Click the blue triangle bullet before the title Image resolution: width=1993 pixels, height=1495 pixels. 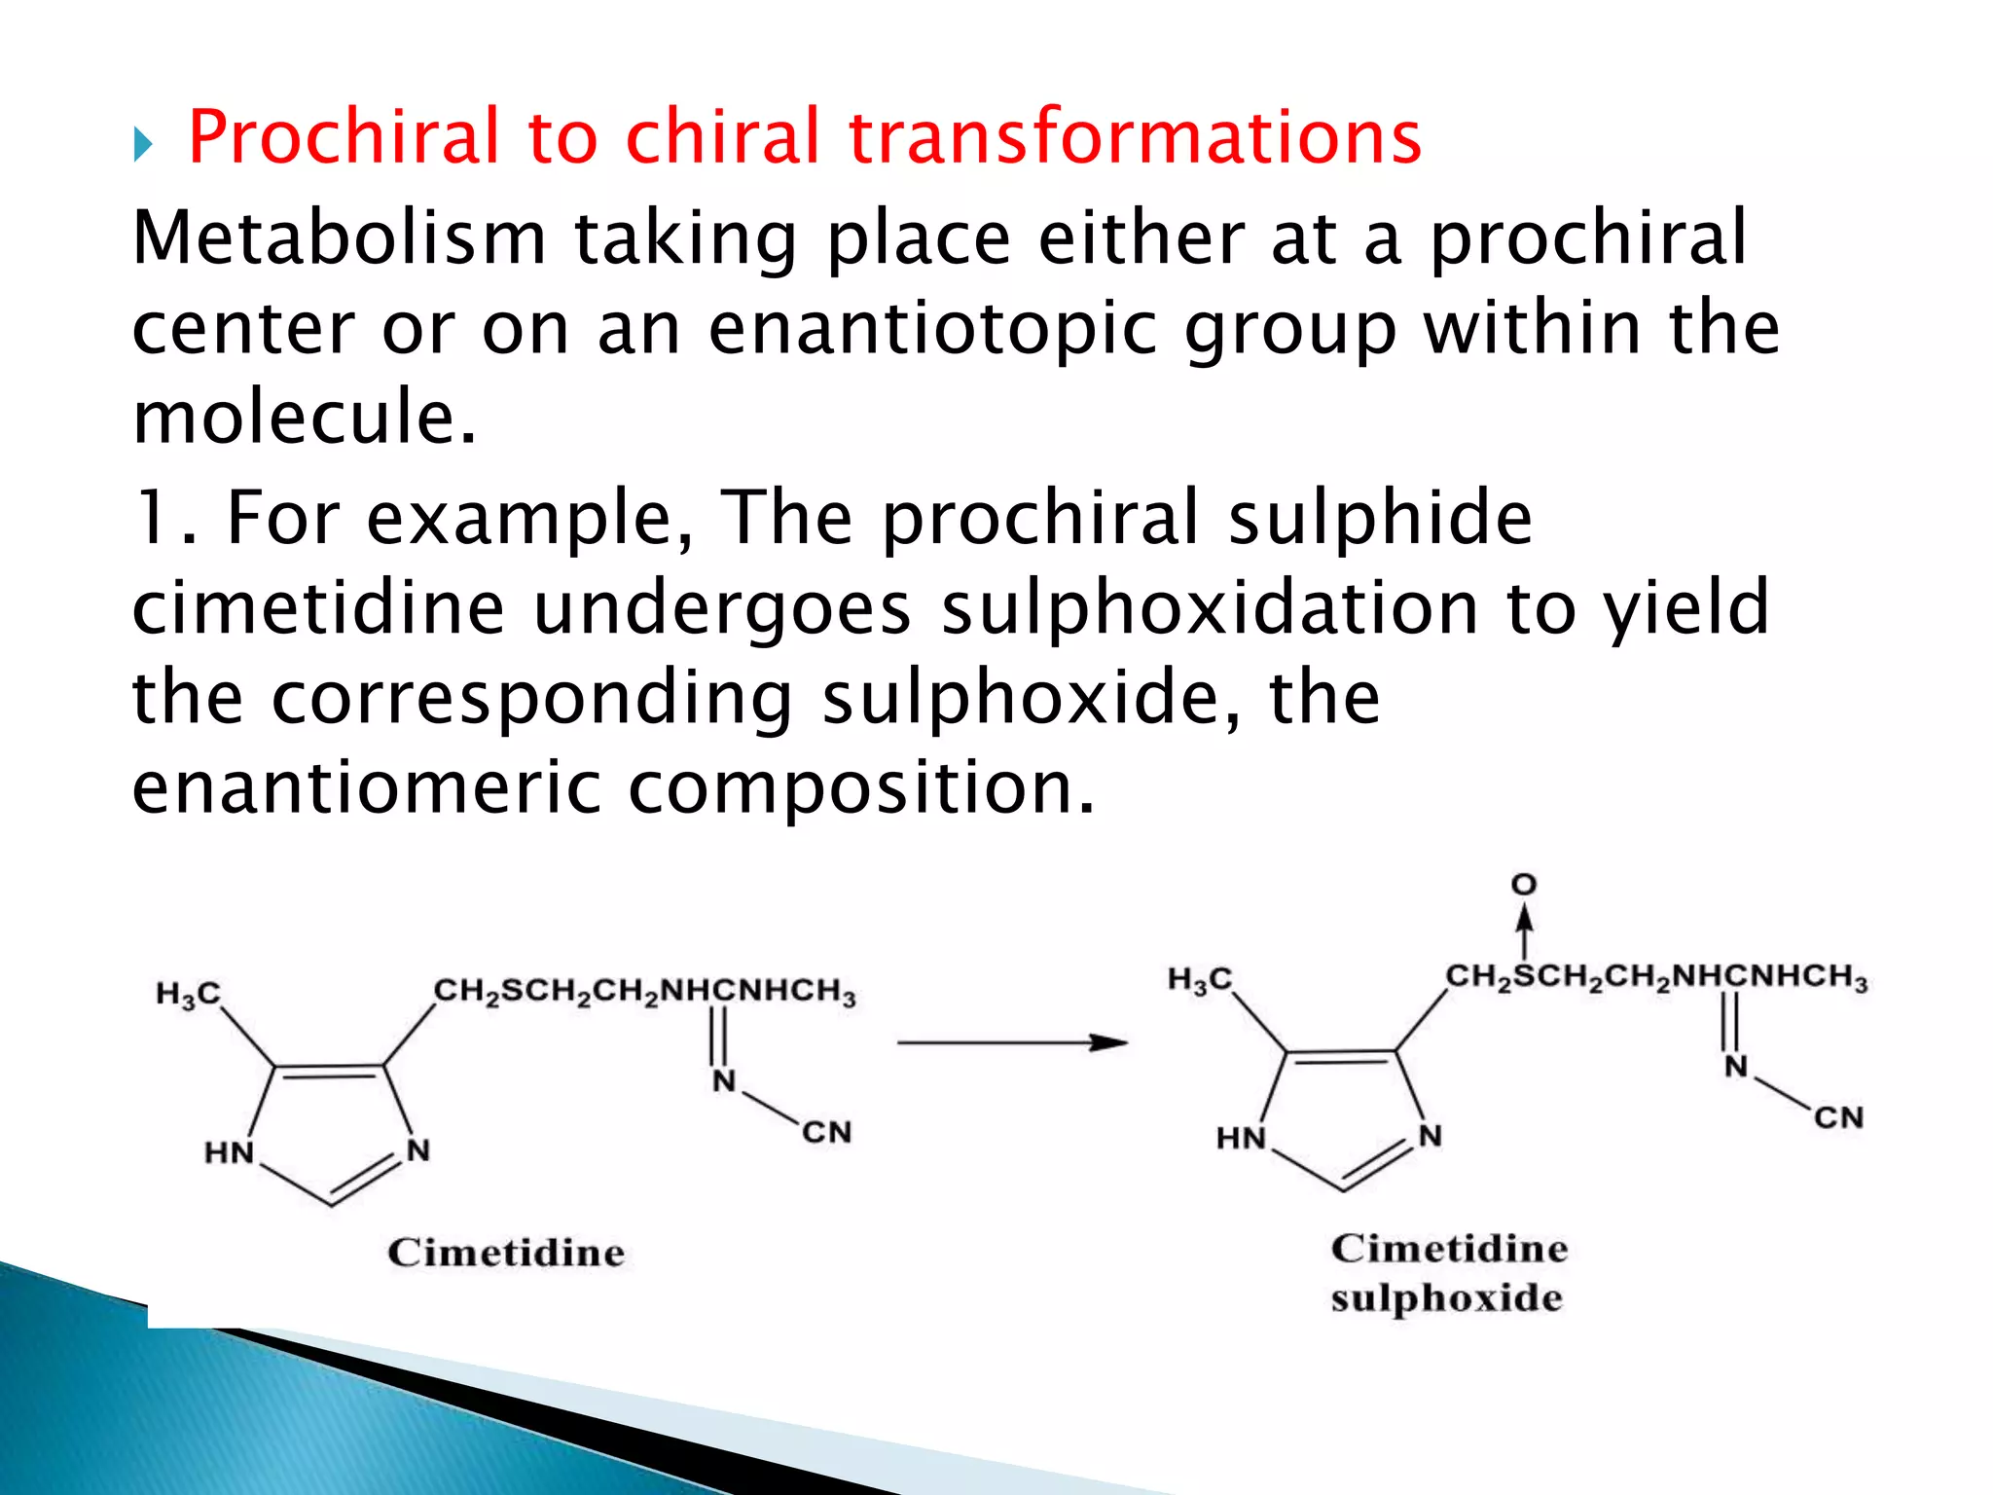click(143, 146)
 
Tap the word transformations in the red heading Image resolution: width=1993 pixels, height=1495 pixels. click(1135, 137)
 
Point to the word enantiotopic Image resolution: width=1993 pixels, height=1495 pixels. click(933, 328)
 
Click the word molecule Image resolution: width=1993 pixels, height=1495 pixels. click(305, 418)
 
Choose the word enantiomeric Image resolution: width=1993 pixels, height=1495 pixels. click(367, 787)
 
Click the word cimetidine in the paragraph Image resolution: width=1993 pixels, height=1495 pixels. click(318, 608)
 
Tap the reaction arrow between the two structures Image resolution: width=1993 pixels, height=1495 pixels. click(1011, 1043)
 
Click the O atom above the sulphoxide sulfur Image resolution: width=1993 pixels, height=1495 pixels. click(1524, 885)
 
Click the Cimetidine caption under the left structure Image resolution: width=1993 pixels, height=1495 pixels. click(506, 1253)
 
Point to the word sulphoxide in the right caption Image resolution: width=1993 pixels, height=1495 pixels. click(1447, 1298)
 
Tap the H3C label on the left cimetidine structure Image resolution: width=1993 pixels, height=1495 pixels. click(189, 994)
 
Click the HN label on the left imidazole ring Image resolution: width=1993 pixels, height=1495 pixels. click(229, 1153)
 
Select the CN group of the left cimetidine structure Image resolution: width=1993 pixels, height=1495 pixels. click(827, 1133)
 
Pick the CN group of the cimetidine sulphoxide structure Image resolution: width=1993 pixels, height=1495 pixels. click(1838, 1117)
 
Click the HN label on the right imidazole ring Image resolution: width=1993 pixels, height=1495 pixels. click(1241, 1139)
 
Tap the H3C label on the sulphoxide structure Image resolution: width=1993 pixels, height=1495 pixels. click(1200, 979)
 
